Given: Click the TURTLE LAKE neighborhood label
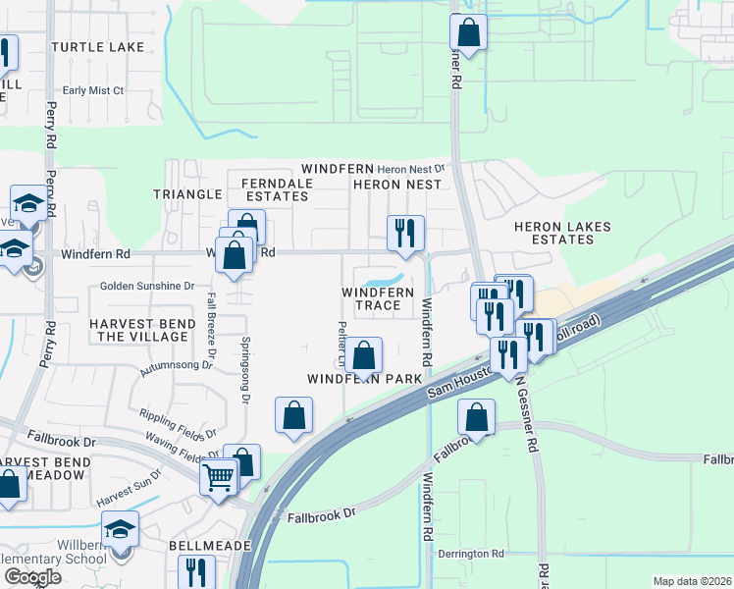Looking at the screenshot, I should pos(97,47).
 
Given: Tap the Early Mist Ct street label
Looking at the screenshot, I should pos(93,90).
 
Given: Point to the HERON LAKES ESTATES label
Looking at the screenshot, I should pos(562,233).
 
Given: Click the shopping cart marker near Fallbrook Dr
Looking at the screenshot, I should pos(219,478).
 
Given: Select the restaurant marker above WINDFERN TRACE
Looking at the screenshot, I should pos(405,233).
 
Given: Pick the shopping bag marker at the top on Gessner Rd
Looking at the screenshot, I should pos(469,31).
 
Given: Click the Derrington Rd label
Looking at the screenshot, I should pos(471,555).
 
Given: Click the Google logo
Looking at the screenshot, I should pos(32,577).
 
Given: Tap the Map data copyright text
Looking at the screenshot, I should pos(692,581).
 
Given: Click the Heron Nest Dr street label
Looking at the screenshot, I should pos(411,168).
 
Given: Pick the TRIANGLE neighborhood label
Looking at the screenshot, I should pos(187,194).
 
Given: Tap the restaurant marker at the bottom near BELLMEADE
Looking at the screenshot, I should pos(196,571).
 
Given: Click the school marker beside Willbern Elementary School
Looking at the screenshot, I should pos(121,528).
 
